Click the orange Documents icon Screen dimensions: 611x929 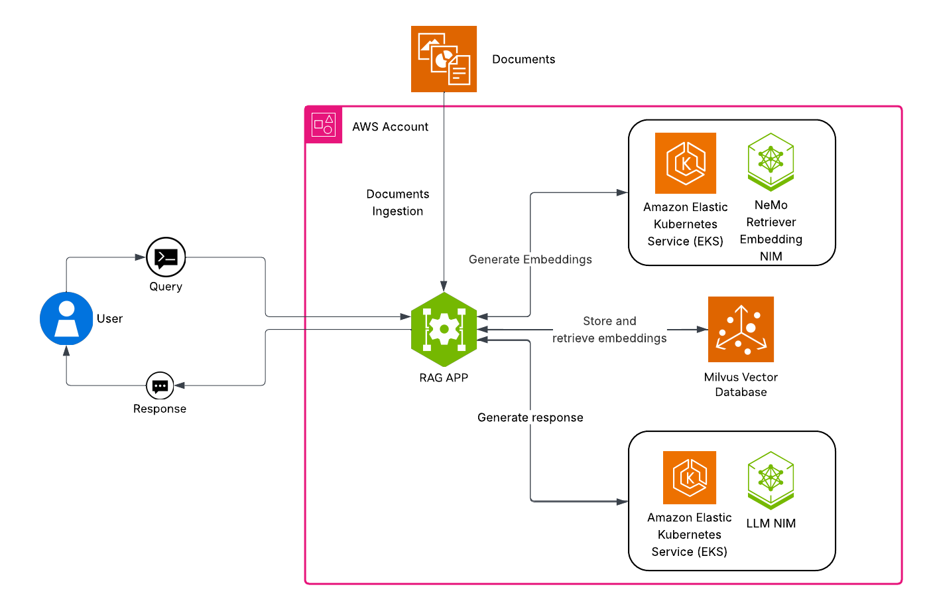pos(444,59)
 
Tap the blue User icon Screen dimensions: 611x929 pos(66,318)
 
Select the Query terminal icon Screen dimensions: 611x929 pos(166,257)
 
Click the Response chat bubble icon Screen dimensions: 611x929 pos(160,385)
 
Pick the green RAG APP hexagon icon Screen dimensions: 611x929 pos(444,329)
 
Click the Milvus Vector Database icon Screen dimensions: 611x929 pos(741,329)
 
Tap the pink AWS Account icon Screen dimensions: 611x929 pos(324,125)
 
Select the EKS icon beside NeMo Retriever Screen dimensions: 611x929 pos(686,163)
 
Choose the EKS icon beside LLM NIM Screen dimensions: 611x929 pos(690,478)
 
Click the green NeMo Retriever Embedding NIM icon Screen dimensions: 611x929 pos(771,162)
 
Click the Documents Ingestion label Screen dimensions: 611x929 pos(398,202)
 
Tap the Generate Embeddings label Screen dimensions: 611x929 pos(530,259)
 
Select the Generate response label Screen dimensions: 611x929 pos(530,417)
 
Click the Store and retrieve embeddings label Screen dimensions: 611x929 pos(609,330)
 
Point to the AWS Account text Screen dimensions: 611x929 pos(390,127)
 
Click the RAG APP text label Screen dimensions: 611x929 pos(444,377)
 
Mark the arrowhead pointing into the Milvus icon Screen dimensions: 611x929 pos(702,329)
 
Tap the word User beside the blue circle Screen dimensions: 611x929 pos(109,318)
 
